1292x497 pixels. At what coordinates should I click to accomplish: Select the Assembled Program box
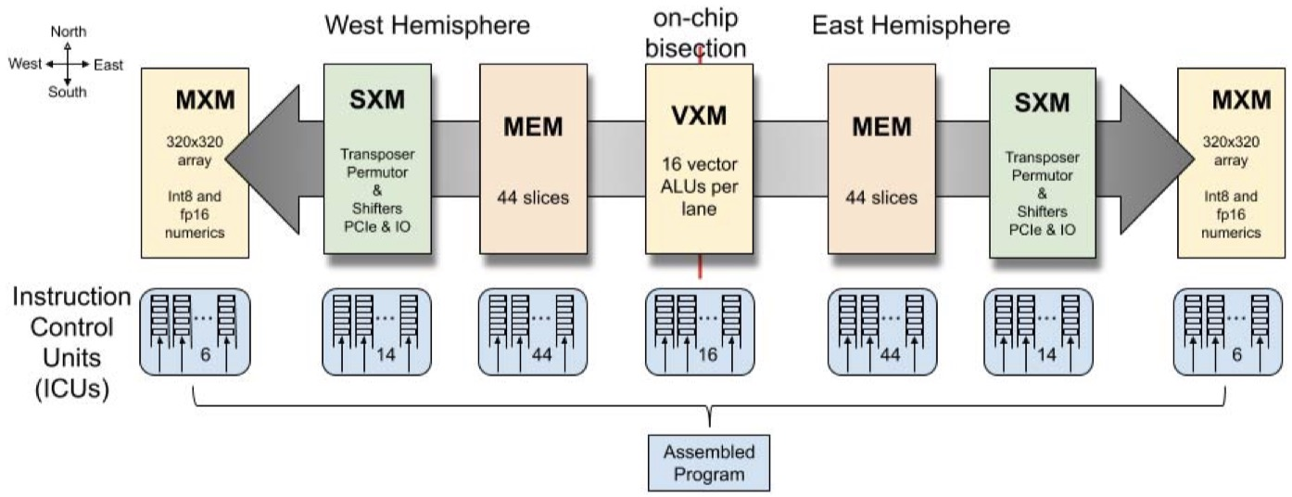[x=709, y=463]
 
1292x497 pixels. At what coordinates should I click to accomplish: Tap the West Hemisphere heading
[x=427, y=25]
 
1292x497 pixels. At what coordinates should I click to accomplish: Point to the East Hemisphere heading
[x=911, y=25]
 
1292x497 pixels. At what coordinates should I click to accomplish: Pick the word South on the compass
[x=68, y=92]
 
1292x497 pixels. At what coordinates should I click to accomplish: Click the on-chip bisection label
[x=699, y=32]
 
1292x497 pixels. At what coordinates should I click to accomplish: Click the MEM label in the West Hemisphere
[x=533, y=126]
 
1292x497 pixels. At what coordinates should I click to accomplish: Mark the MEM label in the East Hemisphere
[x=880, y=126]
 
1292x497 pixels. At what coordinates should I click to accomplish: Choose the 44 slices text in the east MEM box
[x=880, y=198]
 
